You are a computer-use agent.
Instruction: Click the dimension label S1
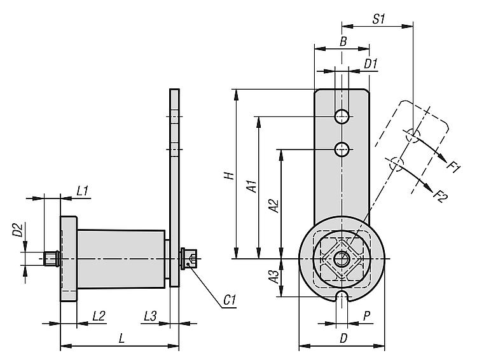point(380,18)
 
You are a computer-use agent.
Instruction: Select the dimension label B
point(343,42)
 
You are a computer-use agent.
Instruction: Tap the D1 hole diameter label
point(371,64)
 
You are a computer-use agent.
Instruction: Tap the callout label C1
point(230,298)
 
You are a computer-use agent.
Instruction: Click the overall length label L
point(121,339)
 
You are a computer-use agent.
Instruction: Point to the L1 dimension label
point(82,190)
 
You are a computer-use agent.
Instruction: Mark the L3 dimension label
point(151,315)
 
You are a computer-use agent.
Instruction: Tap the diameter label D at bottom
point(343,339)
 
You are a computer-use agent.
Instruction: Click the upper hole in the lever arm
point(343,116)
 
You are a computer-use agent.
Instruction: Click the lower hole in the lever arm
point(343,149)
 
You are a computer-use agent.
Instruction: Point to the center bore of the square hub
point(342,259)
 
